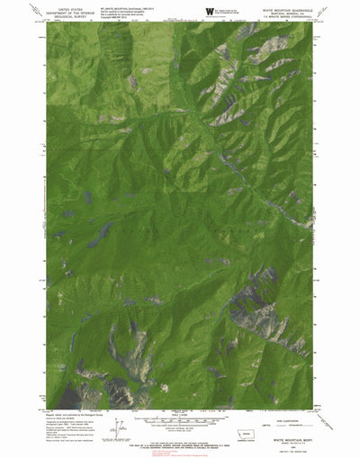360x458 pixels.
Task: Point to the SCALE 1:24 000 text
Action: click(x=180, y=413)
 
